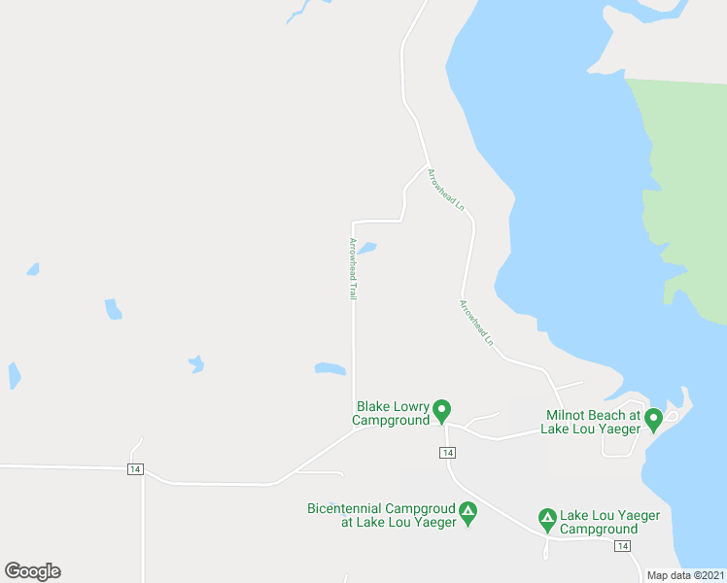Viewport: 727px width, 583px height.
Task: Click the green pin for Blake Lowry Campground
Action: pos(441,412)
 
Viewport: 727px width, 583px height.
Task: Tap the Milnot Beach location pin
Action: pos(654,419)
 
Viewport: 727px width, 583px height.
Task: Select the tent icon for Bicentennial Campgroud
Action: pos(468,512)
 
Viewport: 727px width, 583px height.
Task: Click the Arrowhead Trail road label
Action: pos(353,268)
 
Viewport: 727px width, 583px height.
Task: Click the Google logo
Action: pos(32,571)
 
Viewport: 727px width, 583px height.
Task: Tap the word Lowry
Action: pos(412,407)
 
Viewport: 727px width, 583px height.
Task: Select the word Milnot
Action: pos(568,415)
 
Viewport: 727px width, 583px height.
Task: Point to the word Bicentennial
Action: pos(345,508)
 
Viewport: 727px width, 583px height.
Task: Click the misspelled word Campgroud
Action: pos(421,508)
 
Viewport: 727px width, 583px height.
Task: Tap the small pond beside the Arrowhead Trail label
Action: pos(366,249)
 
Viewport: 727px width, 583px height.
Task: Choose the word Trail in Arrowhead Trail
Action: pos(353,288)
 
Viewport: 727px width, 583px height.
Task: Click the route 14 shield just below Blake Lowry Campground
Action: pos(446,453)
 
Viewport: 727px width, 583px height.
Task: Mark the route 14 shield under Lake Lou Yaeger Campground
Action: pos(621,546)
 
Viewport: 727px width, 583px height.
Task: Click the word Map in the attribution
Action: pos(658,575)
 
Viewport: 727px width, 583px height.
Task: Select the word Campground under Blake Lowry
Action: pos(390,421)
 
